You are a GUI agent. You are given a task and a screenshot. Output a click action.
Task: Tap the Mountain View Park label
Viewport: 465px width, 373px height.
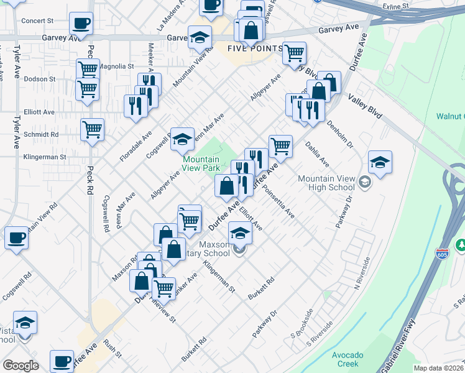click(201, 163)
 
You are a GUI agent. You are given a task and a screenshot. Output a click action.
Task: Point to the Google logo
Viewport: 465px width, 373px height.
click(21, 366)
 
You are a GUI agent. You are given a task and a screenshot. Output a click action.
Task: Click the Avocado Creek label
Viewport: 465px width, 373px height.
click(347, 359)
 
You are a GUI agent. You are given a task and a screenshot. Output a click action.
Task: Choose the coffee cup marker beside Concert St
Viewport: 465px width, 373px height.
click(81, 24)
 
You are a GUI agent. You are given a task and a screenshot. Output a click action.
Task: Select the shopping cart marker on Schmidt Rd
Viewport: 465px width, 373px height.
click(93, 131)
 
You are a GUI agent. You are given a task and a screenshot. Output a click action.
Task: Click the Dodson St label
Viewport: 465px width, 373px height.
click(39, 79)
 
